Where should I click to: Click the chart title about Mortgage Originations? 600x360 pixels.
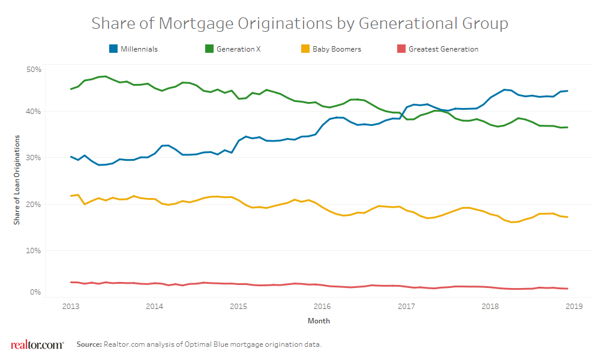tap(299, 23)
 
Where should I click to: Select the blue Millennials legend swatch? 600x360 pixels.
tap(113, 49)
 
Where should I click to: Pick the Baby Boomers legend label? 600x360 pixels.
tap(337, 49)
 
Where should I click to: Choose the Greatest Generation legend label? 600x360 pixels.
tap(443, 49)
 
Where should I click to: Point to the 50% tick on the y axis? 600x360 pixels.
tap(34, 70)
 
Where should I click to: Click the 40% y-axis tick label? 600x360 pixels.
tap(34, 112)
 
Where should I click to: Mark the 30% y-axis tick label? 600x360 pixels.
tap(34, 158)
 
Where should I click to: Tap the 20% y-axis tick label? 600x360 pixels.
tap(34, 204)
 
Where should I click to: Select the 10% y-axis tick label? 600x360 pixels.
tap(34, 250)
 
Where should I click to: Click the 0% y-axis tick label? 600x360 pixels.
tap(35, 292)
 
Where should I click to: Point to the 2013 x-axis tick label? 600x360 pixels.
tap(71, 305)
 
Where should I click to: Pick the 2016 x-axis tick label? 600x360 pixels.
tap(322, 305)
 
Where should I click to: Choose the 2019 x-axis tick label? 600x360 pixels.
tap(574, 305)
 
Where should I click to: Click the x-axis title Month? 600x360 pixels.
tap(319, 321)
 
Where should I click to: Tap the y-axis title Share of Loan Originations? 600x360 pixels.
tap(17, 180)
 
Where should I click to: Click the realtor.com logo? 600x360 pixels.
tap(37, 344)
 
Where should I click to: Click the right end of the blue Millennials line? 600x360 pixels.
tap(567, 91)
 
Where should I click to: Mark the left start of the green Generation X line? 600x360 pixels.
tap(71, 89)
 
